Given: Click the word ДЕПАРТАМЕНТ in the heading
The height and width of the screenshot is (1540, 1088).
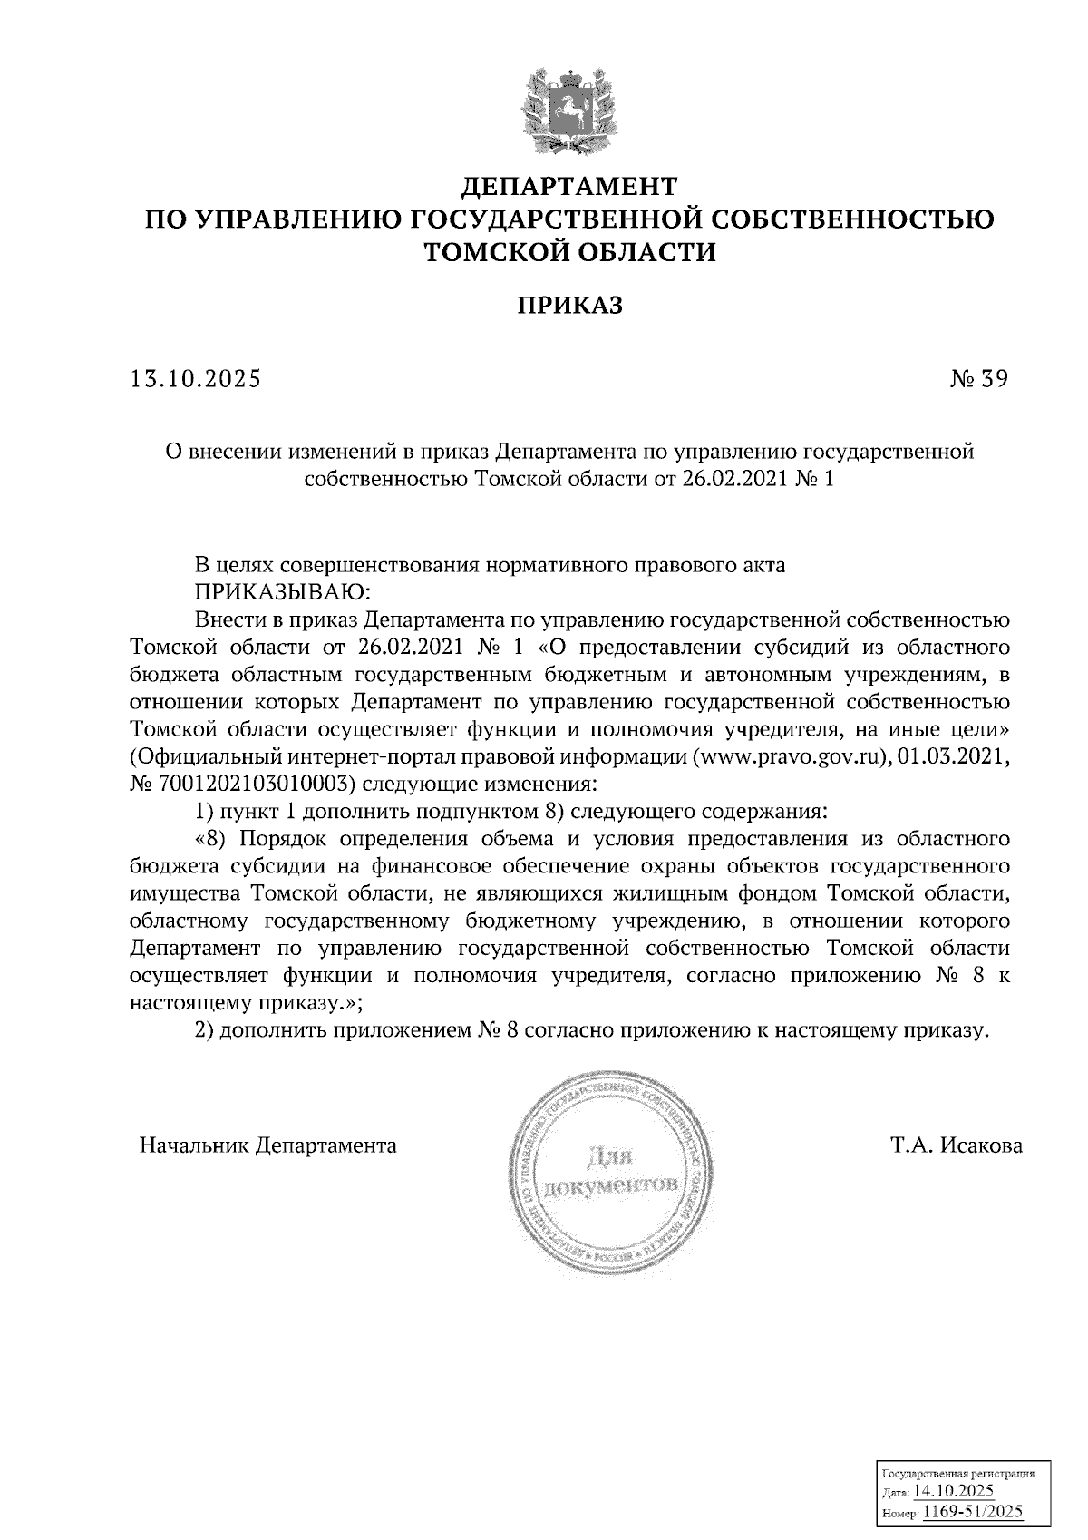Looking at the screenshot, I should point(570,187).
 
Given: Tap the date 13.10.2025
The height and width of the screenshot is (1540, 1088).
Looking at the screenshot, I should point(195,379).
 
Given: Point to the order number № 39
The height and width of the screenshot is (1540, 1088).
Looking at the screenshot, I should point(976,379).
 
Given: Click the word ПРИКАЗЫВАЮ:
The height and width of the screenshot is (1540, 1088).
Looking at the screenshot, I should point(280,593).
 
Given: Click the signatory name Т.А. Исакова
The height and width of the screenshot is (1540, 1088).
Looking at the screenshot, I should point(957,1145).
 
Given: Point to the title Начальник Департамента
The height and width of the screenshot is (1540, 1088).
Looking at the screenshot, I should point(268,1145).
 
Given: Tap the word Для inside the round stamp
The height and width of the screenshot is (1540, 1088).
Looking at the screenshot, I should point(610,1159).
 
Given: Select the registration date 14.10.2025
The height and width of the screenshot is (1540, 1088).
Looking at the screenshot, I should point(954,1492).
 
